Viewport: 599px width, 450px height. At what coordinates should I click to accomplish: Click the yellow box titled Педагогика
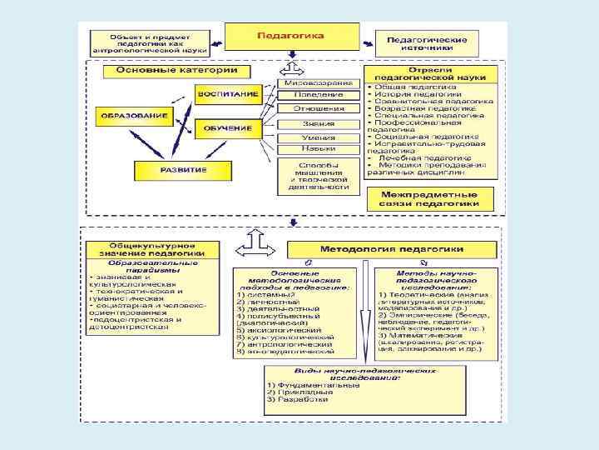tap(290, 37)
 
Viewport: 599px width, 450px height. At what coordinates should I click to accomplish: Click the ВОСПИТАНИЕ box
tap(227, 94)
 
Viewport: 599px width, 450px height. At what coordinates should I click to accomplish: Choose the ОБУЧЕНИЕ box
tap(225, 127)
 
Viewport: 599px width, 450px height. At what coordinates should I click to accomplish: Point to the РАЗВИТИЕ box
tap(182, 170)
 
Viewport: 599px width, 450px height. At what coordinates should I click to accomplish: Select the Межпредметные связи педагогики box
tap(431, 199)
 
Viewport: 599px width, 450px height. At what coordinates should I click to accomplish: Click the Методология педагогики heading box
tap(392, 250)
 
